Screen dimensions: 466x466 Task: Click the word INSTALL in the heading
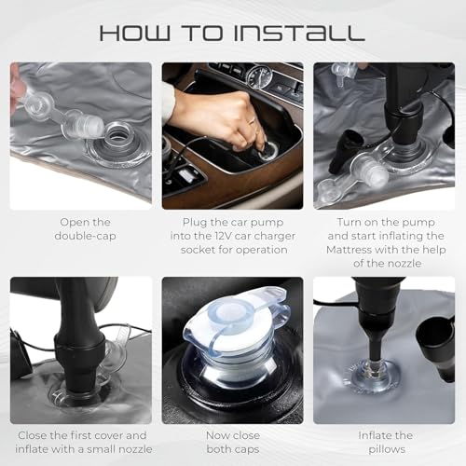299,33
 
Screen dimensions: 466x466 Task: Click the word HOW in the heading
135,33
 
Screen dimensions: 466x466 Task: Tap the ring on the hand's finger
254,120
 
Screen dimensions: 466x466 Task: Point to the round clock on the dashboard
260,76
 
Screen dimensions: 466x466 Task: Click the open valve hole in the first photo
118,135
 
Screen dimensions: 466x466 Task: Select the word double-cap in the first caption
85,236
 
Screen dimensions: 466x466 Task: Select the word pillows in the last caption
387,449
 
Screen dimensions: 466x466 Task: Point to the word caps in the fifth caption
245,449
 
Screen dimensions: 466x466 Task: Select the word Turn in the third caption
349,222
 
